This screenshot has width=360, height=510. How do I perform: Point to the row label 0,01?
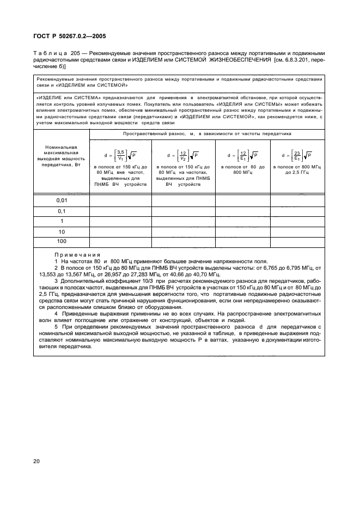pyautogui.click(x=62, y=201)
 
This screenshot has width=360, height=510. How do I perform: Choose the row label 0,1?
pyautogui.click(x=62, y=211)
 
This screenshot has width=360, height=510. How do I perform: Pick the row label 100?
pyautogui.click(x=62, y=241)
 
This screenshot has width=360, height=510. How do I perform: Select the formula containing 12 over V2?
pyautogui.click(x=183, y=154)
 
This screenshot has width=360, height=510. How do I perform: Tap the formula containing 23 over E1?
pyautogui.click(x=297, y=154)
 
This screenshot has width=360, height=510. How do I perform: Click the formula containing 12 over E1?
pyautogui.click(x=242, y=154)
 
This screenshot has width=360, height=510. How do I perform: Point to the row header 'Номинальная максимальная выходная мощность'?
pyautogui.click(x=62, y=158)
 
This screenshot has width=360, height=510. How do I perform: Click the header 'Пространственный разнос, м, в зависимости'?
pyautogui.click(x=207, y=133)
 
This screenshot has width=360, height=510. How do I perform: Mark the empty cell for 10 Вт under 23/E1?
pyautogui.click(x=297, y=231)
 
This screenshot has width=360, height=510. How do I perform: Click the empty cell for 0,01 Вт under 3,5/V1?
pyautogui.click(x=120, y=201)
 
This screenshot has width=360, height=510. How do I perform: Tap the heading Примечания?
pyautogui.click(x=77, y=255)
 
